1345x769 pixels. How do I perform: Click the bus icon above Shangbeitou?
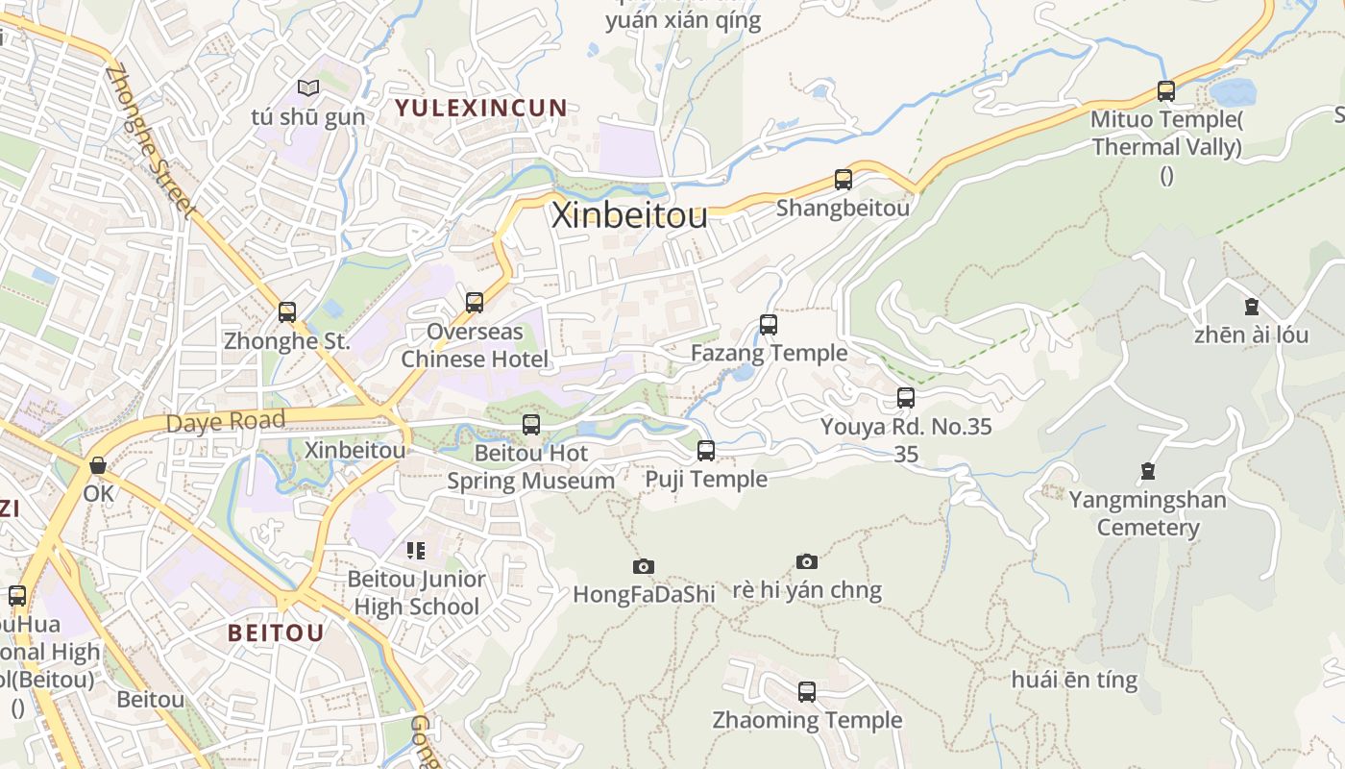click(x=844, y=179)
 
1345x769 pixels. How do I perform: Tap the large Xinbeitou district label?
click(x=629, y=215)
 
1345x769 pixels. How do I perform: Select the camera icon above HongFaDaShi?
click(x=644, y=566)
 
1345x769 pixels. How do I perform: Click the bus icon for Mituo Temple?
click(x=1165, y=91)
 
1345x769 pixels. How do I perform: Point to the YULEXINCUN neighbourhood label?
click(x=481, y=108)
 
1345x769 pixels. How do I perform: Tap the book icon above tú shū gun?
click(x=307, y=88)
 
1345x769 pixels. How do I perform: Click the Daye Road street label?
click(x=226, y=421)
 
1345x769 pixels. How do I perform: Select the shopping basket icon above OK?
click(x=98, y=465)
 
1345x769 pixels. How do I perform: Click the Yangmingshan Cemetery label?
click(x=1147, y=513)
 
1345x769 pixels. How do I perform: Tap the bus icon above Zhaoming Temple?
click(x=807, y=691)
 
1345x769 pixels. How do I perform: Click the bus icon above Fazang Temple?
click(x=769, y=324)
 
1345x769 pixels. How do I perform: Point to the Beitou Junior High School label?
click(x=416, y=593)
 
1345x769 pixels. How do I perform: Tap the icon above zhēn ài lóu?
click(x=1251, y=307)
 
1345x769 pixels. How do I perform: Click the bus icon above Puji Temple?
click(x=706, y=450)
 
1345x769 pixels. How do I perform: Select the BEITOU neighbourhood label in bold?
click(x=276, y=633)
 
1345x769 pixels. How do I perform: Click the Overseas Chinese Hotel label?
click(x=475, y=345)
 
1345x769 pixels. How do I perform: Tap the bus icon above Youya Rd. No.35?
click(x=905, y=397)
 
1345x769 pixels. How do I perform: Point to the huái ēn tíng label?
click(x=1074, y=680)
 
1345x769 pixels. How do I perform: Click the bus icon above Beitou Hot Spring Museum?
click(x=531, y=424)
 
